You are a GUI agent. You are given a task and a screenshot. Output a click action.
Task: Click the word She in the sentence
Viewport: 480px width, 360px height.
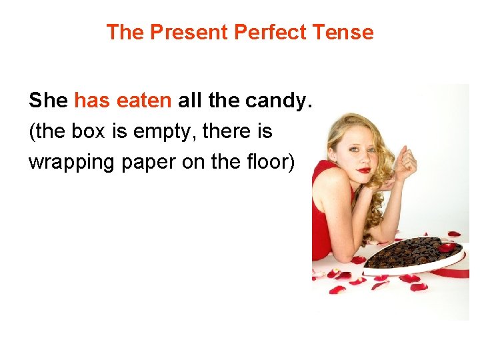(x=48, y=101)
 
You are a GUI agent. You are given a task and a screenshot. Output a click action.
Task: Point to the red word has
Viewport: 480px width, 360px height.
(x=93, y=101)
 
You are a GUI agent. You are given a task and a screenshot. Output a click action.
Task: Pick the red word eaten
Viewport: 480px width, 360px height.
(x=144, y=101)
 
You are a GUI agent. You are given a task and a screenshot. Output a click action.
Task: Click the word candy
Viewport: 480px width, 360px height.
(x=283, y=101)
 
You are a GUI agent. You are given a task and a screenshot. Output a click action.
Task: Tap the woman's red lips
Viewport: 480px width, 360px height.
(x=363, y=171)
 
